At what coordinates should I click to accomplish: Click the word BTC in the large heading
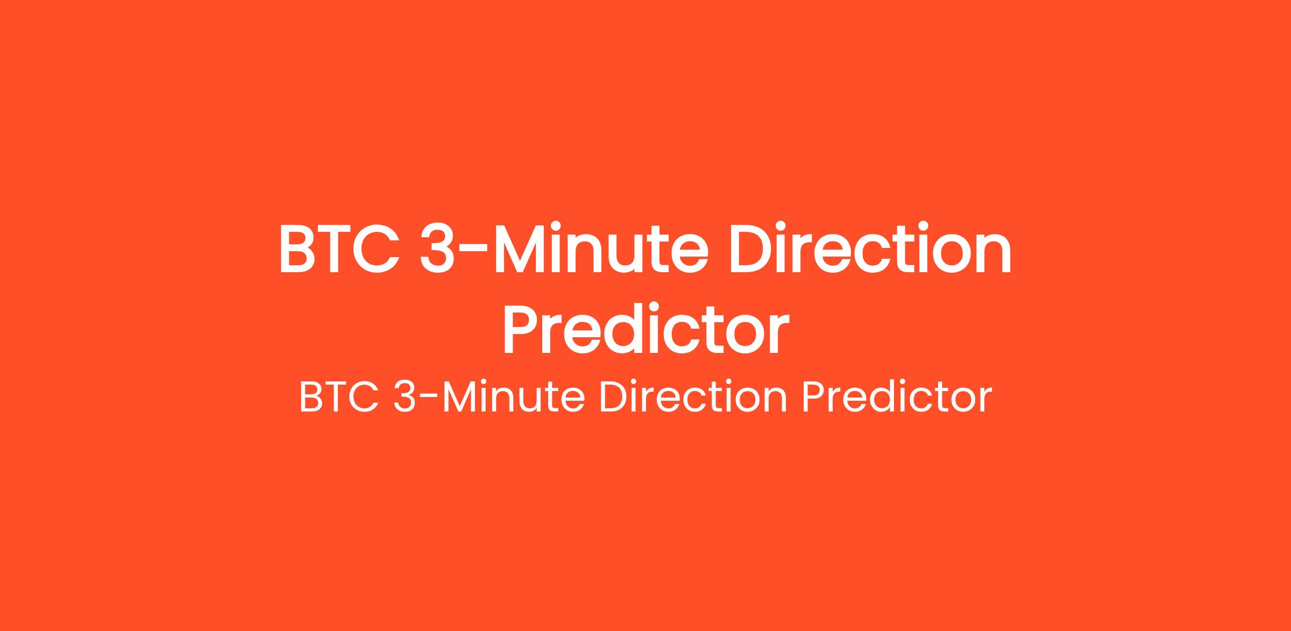pyautogui.click(x=339, y=249)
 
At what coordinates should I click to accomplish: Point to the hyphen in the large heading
pyautogui.click(x=474, y=253)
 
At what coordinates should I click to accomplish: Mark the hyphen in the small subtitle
pyautogui.click(x=428, y=401)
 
